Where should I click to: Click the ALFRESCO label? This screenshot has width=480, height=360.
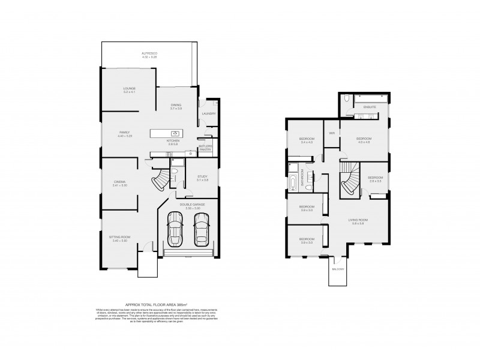(x=149, y=53)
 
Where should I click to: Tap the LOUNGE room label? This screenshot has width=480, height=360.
(x=129, y=89)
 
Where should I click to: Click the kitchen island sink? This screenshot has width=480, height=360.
(x=175, y=133)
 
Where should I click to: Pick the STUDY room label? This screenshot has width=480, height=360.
(x=202, y=176)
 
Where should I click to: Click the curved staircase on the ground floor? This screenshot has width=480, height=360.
(x=163, y=179)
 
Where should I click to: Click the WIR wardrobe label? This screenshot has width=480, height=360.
(x=331, y=133)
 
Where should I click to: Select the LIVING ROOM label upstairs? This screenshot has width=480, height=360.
(x=358, y=220)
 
